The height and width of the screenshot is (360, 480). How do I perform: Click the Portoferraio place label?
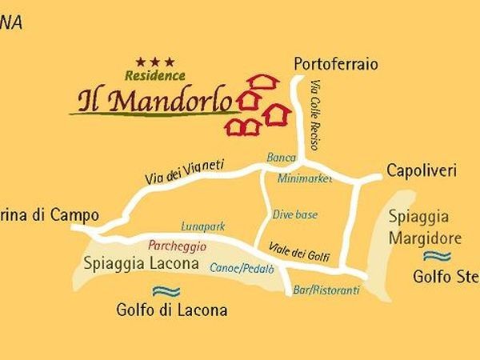(335, 64)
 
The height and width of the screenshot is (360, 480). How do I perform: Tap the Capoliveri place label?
(421, 170)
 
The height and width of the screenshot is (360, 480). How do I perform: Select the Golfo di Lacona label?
(171, 310)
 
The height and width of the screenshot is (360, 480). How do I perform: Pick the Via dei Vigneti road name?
(185, 172)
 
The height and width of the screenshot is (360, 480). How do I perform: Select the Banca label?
(281, 158)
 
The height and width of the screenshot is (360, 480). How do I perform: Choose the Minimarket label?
(305, 179)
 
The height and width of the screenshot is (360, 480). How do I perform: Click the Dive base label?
(294, 214)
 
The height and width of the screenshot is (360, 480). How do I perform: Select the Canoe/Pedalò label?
(237, 268)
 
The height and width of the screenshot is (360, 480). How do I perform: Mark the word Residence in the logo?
(155, 75)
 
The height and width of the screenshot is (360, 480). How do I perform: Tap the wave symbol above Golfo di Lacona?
(166, 291)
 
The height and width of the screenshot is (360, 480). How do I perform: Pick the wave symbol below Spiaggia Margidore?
(437, 256)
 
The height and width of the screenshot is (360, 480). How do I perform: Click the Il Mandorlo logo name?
(155, 102)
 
